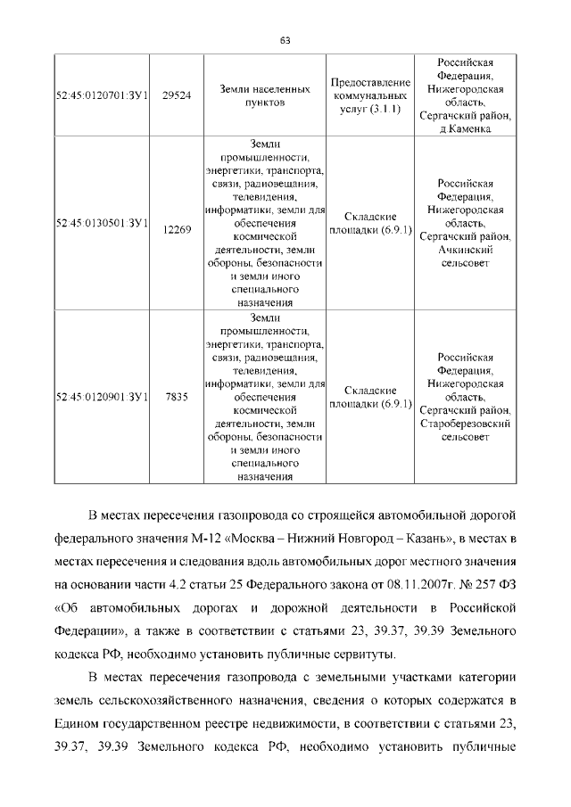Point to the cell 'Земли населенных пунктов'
point(265,96)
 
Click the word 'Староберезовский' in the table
point(464,424)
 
